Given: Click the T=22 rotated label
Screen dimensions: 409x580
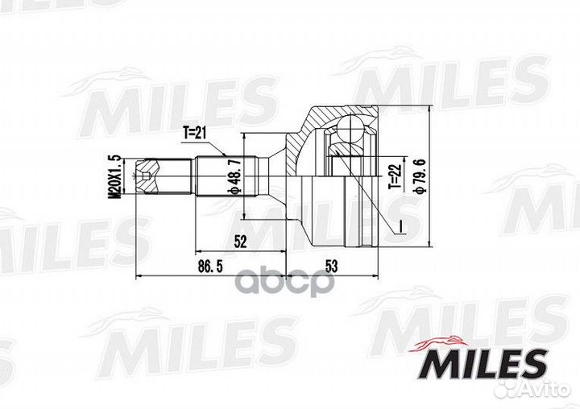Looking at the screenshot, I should pyautogui.click(x=394, y=177).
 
